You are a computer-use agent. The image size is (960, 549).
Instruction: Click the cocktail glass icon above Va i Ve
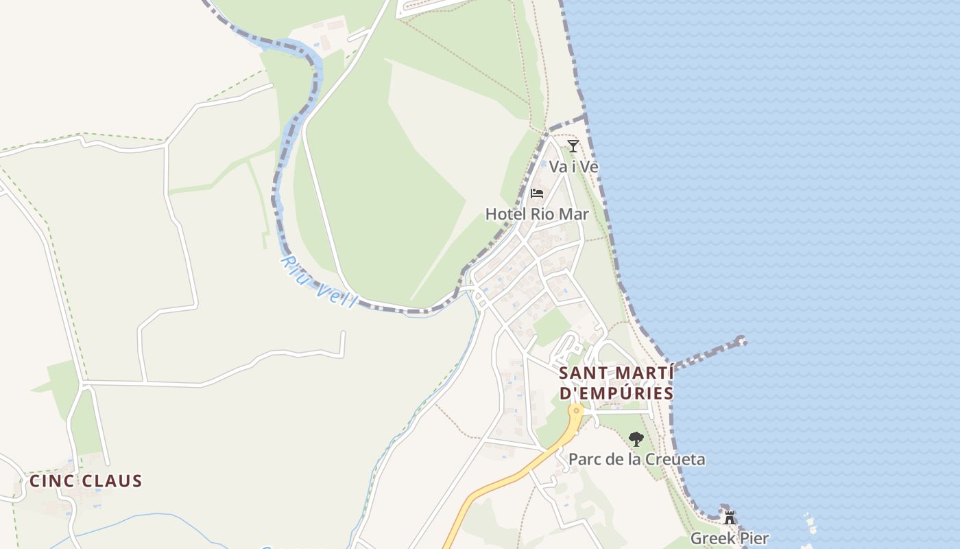point(573,145)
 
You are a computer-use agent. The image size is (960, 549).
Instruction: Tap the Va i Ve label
point(574,167)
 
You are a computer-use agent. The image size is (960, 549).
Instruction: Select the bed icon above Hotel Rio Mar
point(537,194)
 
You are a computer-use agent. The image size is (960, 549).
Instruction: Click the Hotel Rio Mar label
point(537,214)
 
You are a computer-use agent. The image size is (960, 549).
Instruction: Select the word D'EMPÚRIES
point(616,394)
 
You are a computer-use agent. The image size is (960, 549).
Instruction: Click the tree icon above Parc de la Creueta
point(636,439)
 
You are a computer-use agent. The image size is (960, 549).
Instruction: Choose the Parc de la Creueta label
point(636,459)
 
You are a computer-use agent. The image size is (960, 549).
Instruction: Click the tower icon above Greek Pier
point(730,517)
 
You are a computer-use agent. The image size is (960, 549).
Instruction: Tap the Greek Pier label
point(730,538)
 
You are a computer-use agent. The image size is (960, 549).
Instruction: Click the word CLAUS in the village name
point(112,481)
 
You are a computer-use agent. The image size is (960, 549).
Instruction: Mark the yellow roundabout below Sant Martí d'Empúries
point(577,410)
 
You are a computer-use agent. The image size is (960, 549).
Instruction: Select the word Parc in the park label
point(585,459)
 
